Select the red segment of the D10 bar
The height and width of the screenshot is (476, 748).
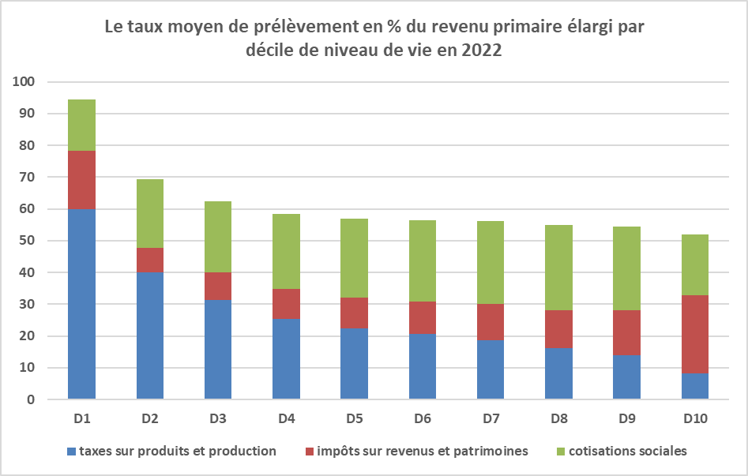click(695, 334)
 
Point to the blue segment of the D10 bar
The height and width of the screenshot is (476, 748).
click(695, 386)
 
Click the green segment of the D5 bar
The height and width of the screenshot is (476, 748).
click(355, 258)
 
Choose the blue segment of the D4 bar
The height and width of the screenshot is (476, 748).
click(286, 358)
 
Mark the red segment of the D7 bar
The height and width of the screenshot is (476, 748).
click(491, 322)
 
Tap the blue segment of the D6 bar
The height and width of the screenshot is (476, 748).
click(423, 366)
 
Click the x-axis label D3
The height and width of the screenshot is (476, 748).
click(218, 418)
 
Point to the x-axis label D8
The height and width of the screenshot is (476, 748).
click(559, 418)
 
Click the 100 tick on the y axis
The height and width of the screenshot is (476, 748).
click(24, 82)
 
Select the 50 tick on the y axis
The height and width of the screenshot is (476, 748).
click(28, 241)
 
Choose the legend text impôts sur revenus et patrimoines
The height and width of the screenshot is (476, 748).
click(422, 452)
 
